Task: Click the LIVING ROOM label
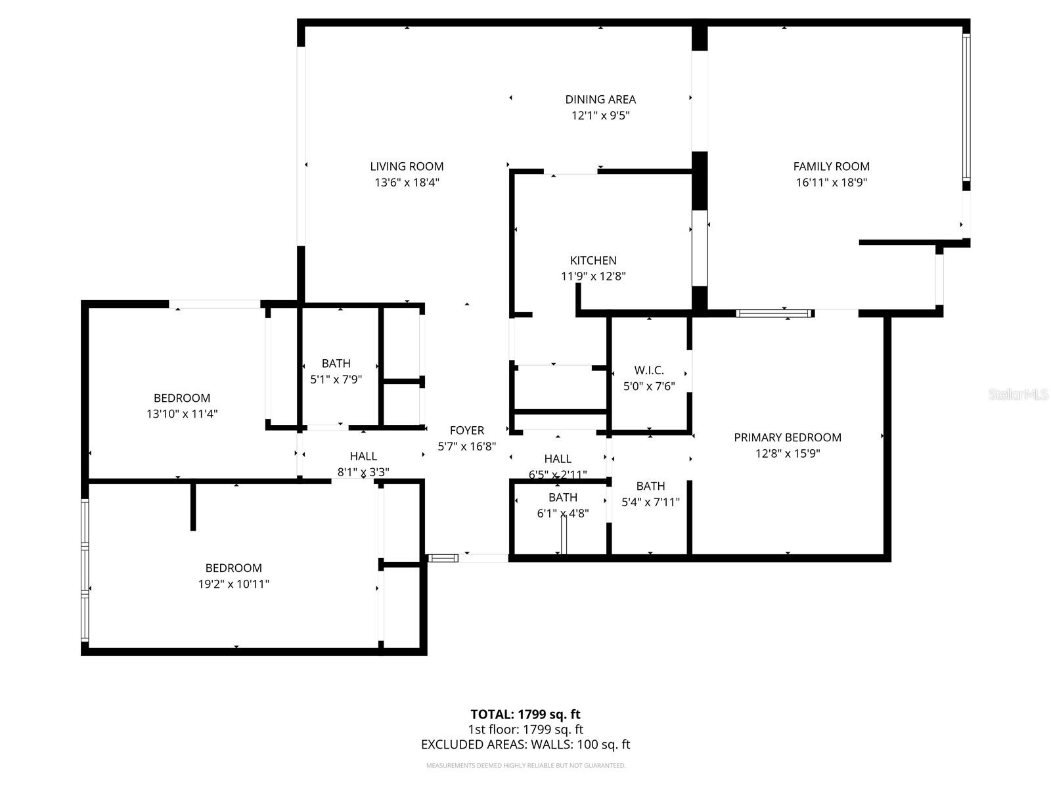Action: point(407,167)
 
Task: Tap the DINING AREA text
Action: point(600,100)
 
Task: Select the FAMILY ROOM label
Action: point(831,167)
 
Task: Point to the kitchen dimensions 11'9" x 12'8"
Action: point(593,276)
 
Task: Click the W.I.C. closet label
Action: point(649,370)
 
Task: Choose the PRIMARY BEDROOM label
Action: point(787,437)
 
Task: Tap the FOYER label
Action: point(467,431)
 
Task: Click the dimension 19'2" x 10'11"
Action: point(234,584)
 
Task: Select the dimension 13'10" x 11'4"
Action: point(182,414)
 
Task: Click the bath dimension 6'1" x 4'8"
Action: point(563,514)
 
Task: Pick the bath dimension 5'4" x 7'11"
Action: point(650,502)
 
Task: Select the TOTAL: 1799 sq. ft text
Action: point(525,714)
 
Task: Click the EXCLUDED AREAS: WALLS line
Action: point(525,745)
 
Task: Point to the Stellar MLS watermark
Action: point(1018,395)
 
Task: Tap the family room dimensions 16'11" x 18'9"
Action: point(831,183)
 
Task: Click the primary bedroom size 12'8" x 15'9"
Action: point(787,453)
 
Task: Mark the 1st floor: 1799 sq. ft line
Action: point(525,730)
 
